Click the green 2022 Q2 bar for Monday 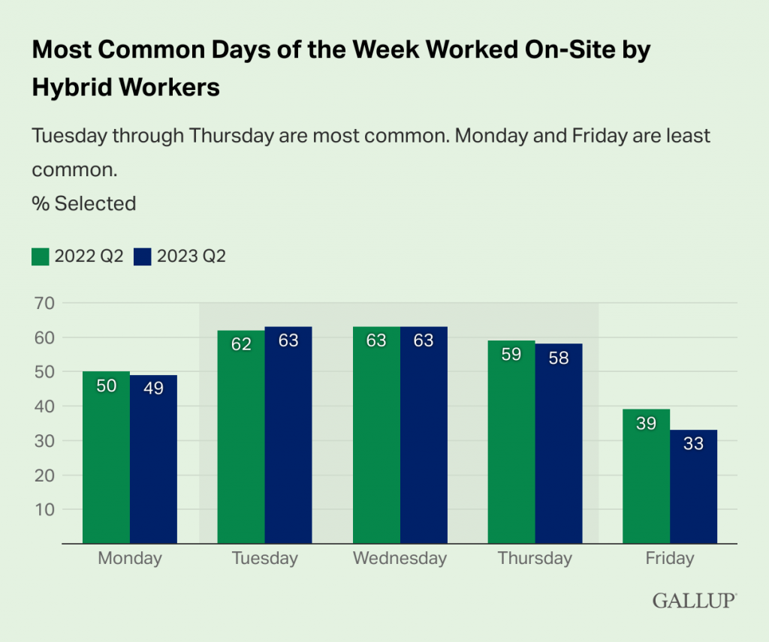106,457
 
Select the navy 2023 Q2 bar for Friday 693,487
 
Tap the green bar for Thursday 511,442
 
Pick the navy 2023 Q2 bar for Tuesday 288,435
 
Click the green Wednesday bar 376,435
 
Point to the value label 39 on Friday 646,423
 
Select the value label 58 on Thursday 559,358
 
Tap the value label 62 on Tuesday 241,344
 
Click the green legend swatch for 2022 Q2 40,256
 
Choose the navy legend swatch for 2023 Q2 142,256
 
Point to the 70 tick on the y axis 46,303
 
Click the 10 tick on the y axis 46,509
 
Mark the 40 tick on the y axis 46,406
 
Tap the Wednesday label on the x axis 400,559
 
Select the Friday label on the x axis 669,559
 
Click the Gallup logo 694,600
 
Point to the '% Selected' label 83,203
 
